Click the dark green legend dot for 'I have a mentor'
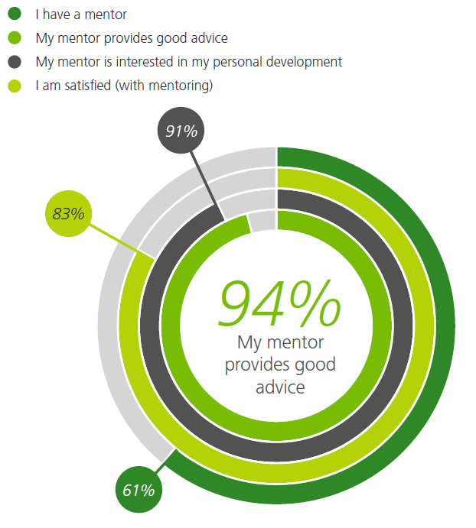coord(15,14)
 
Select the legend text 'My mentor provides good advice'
coord(132,37)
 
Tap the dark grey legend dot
coord(15,61)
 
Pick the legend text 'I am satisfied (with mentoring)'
coord(124,86)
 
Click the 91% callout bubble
coord(181,131)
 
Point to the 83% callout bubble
coord(68,214)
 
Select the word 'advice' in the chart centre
coord(279,387)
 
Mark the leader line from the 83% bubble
coord(115,239)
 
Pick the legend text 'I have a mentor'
coord(80,14)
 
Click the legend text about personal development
coord(188,61)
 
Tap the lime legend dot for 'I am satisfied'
coord(15,86)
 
